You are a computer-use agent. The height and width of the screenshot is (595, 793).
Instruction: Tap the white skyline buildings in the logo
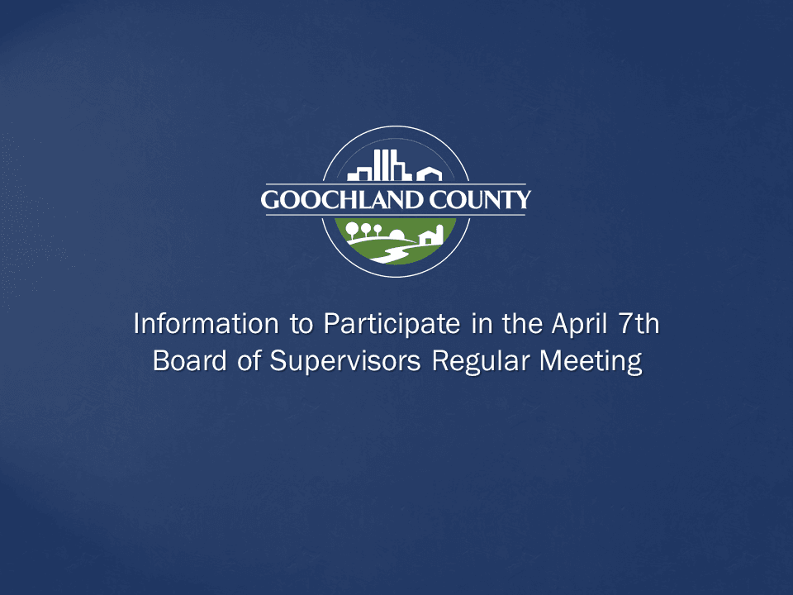click(381, 166)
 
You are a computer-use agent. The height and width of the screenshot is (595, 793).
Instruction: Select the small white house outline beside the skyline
click(429, 174)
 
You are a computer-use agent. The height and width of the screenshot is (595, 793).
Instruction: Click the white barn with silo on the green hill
click(431, 236)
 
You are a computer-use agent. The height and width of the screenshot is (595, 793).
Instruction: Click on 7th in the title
click(639, 324)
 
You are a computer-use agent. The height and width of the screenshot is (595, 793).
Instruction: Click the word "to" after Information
click(300, 324)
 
